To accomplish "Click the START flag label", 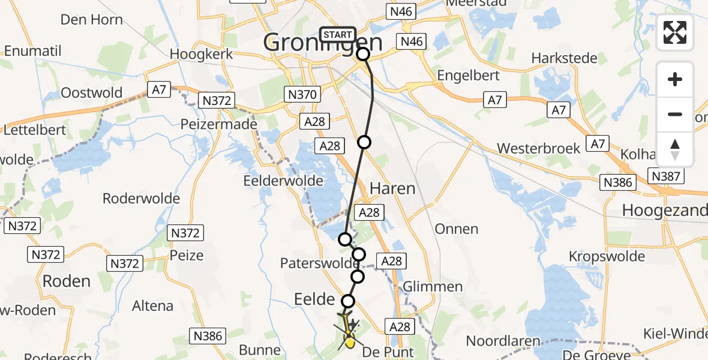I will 337,35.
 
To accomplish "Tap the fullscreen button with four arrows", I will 675,32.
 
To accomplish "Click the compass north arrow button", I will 675,149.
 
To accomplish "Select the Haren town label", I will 392,188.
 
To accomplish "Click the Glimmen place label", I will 433,287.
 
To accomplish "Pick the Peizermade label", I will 219,124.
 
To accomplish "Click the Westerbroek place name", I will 538,148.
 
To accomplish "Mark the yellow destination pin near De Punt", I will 350,343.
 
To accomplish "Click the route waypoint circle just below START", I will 363,55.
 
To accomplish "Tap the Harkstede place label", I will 564,58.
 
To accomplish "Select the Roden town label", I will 66,281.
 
